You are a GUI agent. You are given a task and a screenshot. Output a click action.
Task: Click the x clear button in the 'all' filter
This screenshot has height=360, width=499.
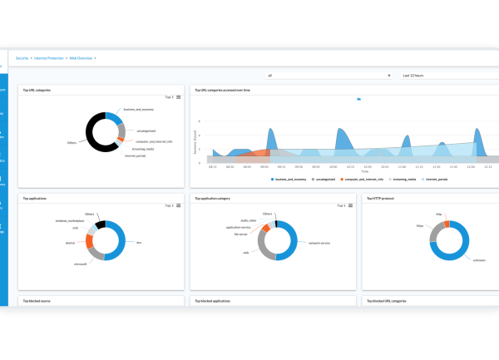[388, 75]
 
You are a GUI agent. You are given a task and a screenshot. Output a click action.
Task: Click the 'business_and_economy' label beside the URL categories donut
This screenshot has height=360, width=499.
[141, 110]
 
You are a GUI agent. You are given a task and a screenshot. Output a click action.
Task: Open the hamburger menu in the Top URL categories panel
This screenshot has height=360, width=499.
[179, 97]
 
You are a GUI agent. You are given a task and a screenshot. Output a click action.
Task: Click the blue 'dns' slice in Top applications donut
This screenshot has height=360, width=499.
[122, 242]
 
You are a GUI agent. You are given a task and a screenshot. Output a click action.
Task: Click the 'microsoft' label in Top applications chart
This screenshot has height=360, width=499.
[82, 264]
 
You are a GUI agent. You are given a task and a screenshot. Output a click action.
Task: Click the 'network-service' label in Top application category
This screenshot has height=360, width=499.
[319, 244]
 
